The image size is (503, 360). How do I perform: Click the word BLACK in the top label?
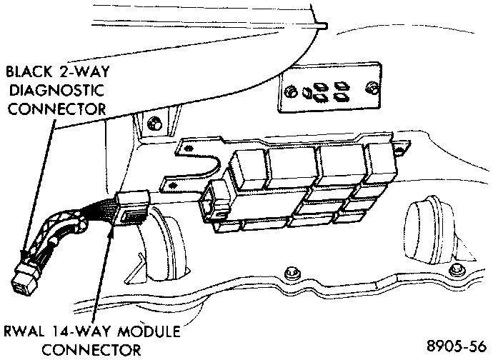(29, 72)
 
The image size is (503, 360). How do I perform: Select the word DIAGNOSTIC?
(56, 90)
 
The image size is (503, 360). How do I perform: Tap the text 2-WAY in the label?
(84, 71)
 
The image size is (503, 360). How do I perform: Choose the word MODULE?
(149, 331)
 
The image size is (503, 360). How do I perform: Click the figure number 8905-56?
(457, 346)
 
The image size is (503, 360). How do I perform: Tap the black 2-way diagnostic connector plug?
(26, 279)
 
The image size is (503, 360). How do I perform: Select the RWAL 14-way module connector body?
(132, 208)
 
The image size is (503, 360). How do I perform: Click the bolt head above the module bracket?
(154, 124)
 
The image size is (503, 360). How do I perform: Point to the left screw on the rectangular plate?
(290, 92)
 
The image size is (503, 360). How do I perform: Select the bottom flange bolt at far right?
(456, 270)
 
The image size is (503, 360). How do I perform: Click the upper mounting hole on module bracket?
(189, 148)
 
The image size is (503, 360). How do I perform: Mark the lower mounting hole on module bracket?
(174, 185)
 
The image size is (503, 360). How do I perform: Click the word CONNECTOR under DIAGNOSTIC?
(56, 109)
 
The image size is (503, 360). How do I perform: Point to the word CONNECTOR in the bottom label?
(91, 350)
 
